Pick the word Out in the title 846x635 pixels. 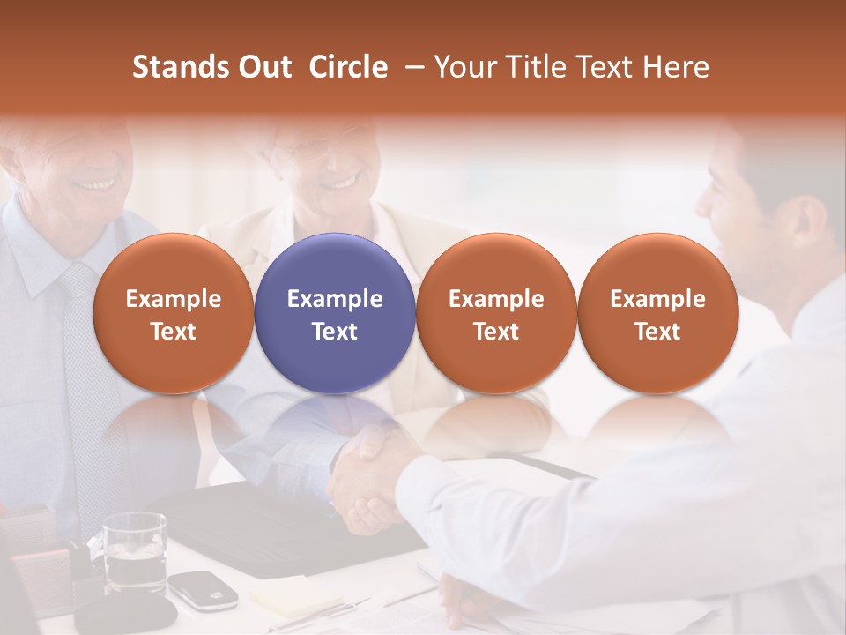pyautogui.click(x=263, y=67)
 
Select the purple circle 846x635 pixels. pyautogui.click(x=335, y=313)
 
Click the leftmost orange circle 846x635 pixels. pyautogui.click(x=174, y=313)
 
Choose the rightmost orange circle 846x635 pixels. pyautogui.click(x=657, y=313)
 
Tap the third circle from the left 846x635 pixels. pyautogui.click(x=496, y=313)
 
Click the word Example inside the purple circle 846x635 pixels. pyautogui.click(x=335, y=299)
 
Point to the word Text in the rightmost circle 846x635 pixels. pyautogui.click(x=657, y=332)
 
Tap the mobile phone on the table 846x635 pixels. pyautogui.click(x=203, y=589)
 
